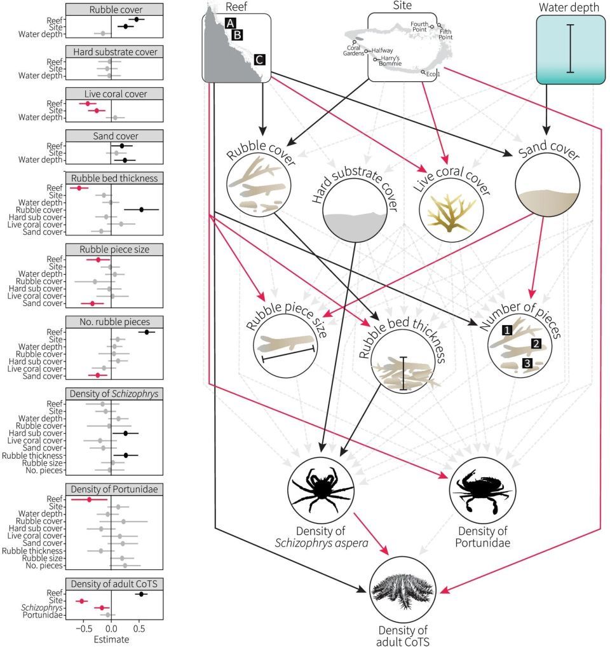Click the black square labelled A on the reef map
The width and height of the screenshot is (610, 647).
(x=229, y=24)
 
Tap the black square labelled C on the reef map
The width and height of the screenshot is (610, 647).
(x=259, y=60)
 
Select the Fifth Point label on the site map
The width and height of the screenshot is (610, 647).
(x=445, y=34)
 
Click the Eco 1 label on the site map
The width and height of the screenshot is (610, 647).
(x=433, y=73)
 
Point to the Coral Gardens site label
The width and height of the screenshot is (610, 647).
(x=355, y=50)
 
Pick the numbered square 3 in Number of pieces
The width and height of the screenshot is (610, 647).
(x=526, y=363)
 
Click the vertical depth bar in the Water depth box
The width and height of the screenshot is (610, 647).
(x=571, y=48)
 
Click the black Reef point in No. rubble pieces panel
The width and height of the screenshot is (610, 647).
(x=147, y=331)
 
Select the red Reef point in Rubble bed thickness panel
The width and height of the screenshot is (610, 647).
(x=79, y=188)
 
